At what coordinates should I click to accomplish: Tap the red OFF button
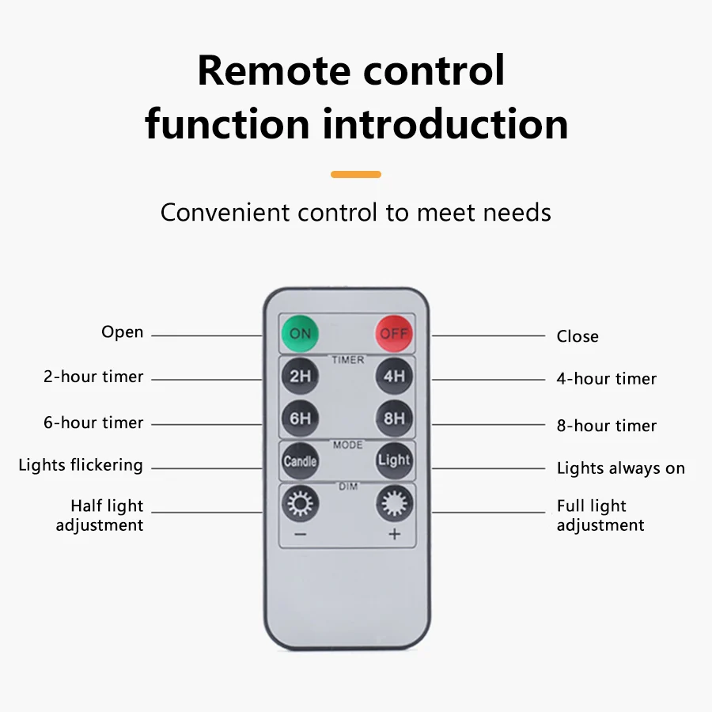click(394, 333)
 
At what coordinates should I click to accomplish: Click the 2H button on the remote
click(300, 376)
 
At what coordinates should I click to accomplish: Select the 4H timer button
click(394, 376)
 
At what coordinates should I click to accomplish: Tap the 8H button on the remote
click(394, 418)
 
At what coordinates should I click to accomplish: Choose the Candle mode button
click(300, 460)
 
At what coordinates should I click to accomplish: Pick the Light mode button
click(394, 460)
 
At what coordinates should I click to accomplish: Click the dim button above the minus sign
click(301, 503)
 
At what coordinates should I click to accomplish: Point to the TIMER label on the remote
click(348, 360)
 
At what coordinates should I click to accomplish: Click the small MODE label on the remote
click(348, 445)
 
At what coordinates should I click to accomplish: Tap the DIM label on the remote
click(348, 487)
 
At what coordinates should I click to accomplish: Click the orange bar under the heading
click(356, 174)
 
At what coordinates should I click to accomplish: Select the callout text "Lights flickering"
click(81, 465)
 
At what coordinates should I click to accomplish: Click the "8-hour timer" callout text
click(607, 426)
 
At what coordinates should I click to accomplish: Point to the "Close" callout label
click(578, 336)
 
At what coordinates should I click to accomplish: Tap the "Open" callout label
click(123, 332)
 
